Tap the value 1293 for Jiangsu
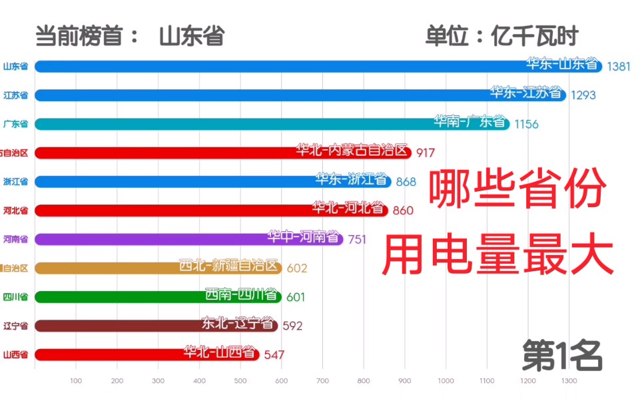tap(582, 95)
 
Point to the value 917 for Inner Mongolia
tap(425, 153)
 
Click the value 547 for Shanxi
tap(274, 355)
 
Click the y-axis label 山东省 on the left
tap(15, 67)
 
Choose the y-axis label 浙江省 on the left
tap(15, 182)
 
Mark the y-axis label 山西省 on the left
tap(15, 355)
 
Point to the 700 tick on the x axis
tap(322, 382)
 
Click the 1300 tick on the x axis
tap(569, 382)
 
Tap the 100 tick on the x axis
tap(76, 382)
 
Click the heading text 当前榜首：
tap(87, 35)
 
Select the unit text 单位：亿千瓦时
tap(501, 35)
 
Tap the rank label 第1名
tap(563, 356)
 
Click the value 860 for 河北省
tap(403, 210)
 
